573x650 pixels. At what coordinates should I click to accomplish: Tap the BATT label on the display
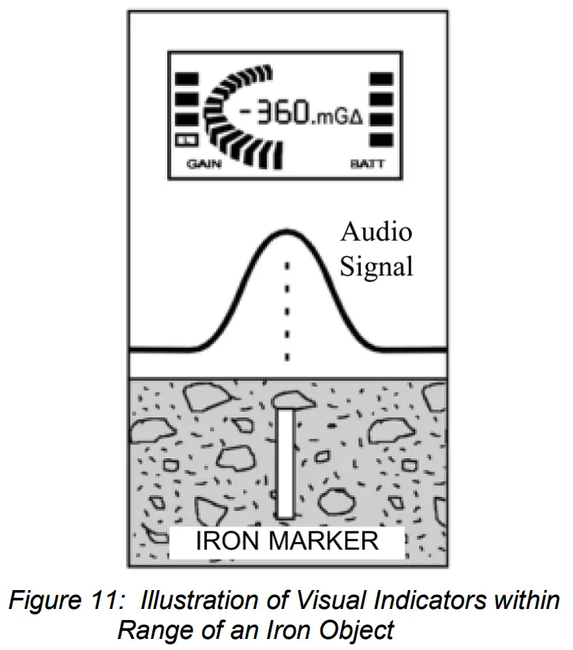(365, 165)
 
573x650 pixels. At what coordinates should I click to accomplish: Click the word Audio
(376, 233)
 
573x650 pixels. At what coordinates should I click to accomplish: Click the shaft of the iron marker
(286, 465)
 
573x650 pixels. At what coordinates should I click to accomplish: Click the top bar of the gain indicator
(186, 79)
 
